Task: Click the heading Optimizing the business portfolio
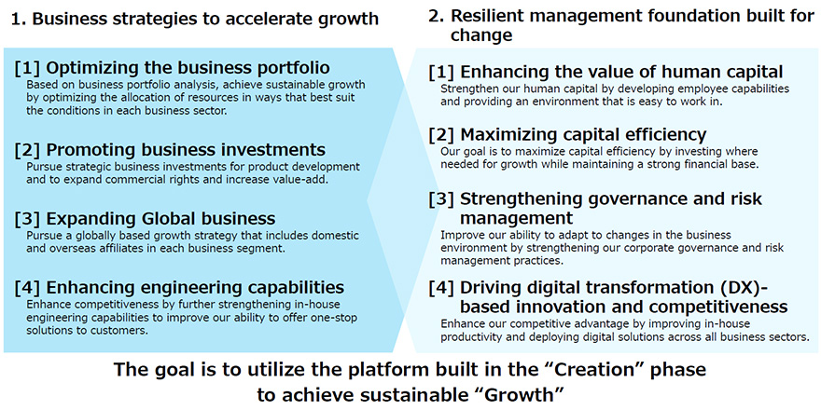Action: click(188, 69)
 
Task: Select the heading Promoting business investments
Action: click(186, 150)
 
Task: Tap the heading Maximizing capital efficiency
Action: click(583, 135)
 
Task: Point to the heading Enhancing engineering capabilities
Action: click(195, 288)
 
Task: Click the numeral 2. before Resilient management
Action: click(438, 18)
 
